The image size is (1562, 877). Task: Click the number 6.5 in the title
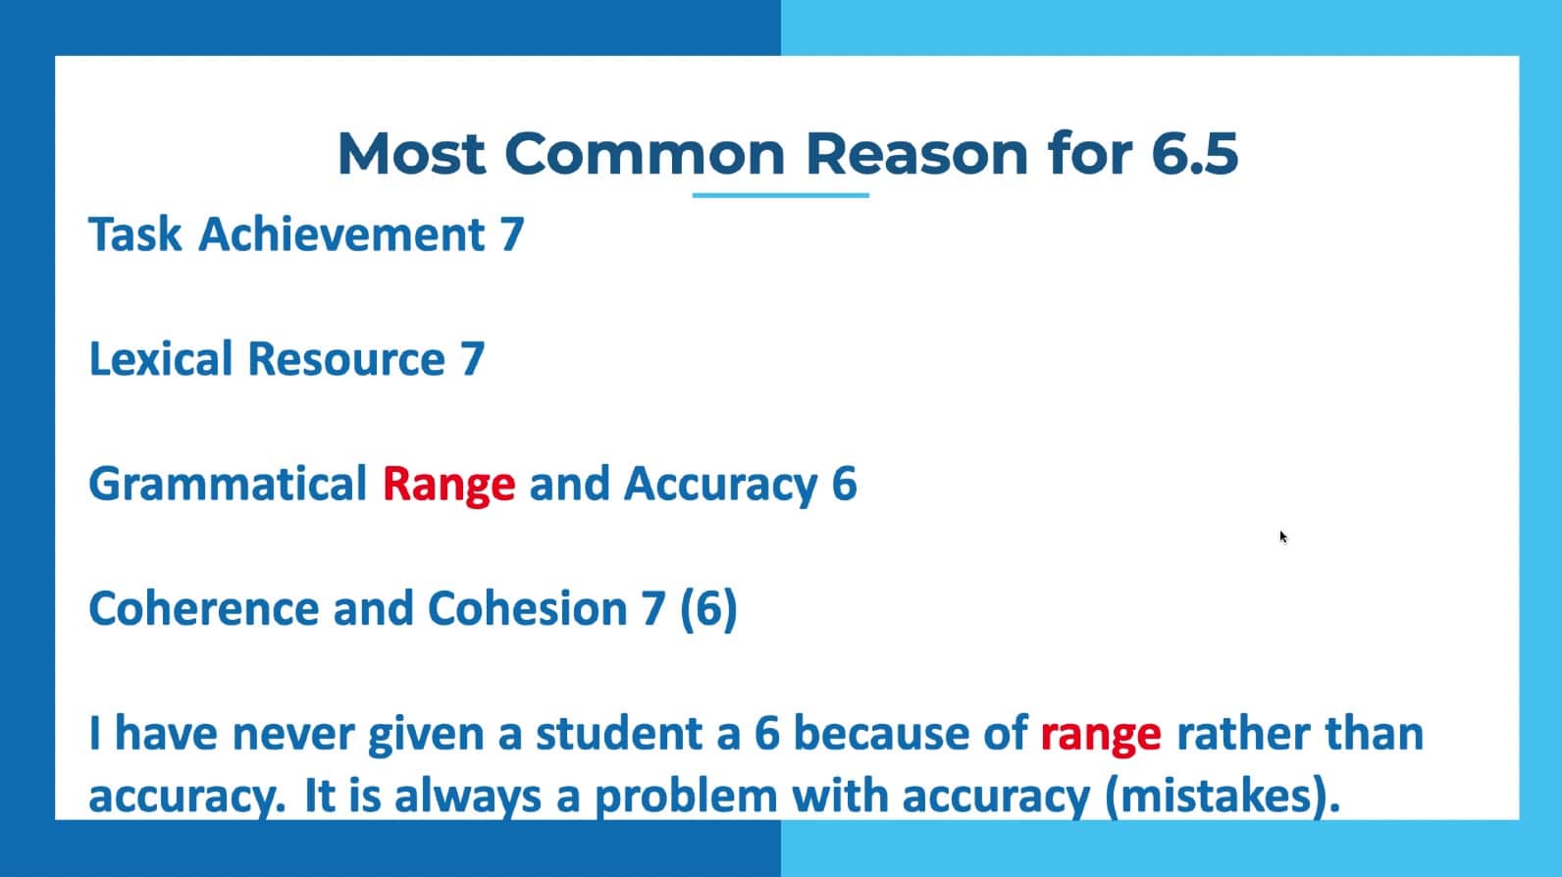pos(1194,153)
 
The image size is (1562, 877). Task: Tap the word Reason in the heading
pos(917,153)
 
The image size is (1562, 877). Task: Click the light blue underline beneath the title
pos(780,195)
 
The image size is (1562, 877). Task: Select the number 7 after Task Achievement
pos(511,234)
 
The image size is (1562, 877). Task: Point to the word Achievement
pos(341,233)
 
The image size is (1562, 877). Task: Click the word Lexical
pos(160,358)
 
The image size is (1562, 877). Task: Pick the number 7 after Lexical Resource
pos(471,360)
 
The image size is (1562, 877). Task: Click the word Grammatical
pos(228,483)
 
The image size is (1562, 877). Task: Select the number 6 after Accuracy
pos(844,484)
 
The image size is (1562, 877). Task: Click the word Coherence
pos(204,608)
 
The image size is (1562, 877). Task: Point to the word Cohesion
pos(527,608)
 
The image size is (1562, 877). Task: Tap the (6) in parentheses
pos(708,609)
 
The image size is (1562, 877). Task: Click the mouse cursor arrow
pos(1283,537)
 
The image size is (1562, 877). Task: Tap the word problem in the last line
pos(686,798)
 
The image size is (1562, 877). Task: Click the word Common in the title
pos(645,153)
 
